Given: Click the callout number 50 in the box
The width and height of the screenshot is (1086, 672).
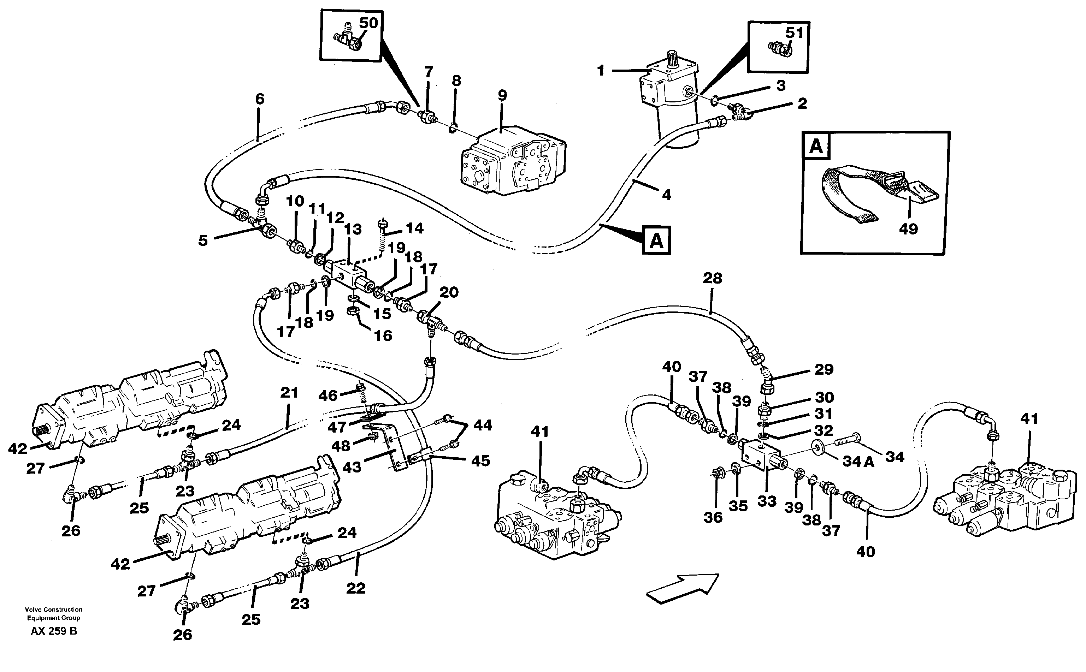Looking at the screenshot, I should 368,23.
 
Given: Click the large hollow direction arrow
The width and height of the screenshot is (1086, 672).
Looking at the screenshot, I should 682,589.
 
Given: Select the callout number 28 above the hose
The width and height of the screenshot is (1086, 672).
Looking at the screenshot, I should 712,279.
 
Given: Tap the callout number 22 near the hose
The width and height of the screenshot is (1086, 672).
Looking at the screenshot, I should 356,588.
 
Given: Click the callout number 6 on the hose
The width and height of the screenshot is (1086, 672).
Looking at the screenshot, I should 260,99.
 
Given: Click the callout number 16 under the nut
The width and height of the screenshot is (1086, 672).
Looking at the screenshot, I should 383,335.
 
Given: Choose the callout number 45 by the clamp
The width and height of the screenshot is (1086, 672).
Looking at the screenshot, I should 480,461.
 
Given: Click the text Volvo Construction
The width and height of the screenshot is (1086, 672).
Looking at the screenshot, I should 54,610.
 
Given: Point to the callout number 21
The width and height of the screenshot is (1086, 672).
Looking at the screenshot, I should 289,393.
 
